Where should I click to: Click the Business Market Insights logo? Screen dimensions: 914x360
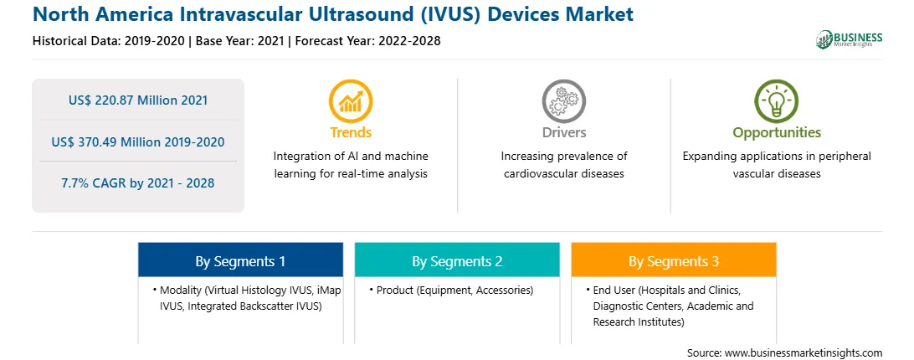(849, 39)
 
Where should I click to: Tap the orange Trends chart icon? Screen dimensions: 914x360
(351, 101)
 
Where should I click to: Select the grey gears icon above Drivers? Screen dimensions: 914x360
(563, 101)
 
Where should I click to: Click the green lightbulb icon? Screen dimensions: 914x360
(777, 101)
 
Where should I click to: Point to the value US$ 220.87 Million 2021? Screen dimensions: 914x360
(138, 100)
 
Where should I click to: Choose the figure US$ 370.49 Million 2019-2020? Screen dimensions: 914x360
(138, 141)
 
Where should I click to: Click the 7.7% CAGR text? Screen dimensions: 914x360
(138, 183)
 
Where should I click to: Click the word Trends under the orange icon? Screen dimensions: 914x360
(351, 132)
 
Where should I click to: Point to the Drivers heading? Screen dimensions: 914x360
(564, 132)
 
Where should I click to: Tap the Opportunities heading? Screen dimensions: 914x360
(777, 132)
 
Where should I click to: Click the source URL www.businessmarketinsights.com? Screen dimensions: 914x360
(804, 353)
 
